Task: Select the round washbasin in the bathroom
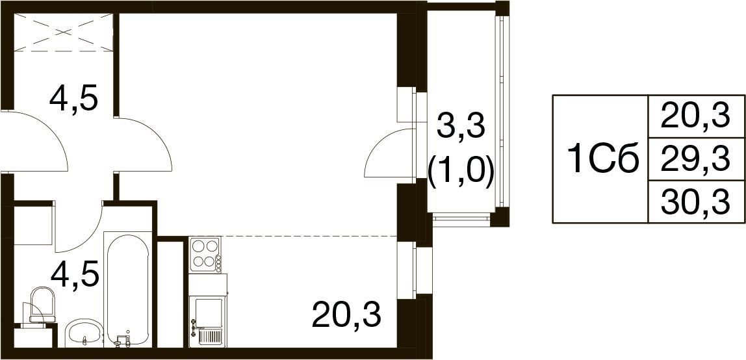84,332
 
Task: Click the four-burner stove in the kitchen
205,255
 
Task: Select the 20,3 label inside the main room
346,315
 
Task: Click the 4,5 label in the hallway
73,98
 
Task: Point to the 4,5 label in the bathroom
75,274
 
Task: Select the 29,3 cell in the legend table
695,159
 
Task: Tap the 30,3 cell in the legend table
695,201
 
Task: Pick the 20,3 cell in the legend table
695,116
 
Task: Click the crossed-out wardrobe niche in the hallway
63,32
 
